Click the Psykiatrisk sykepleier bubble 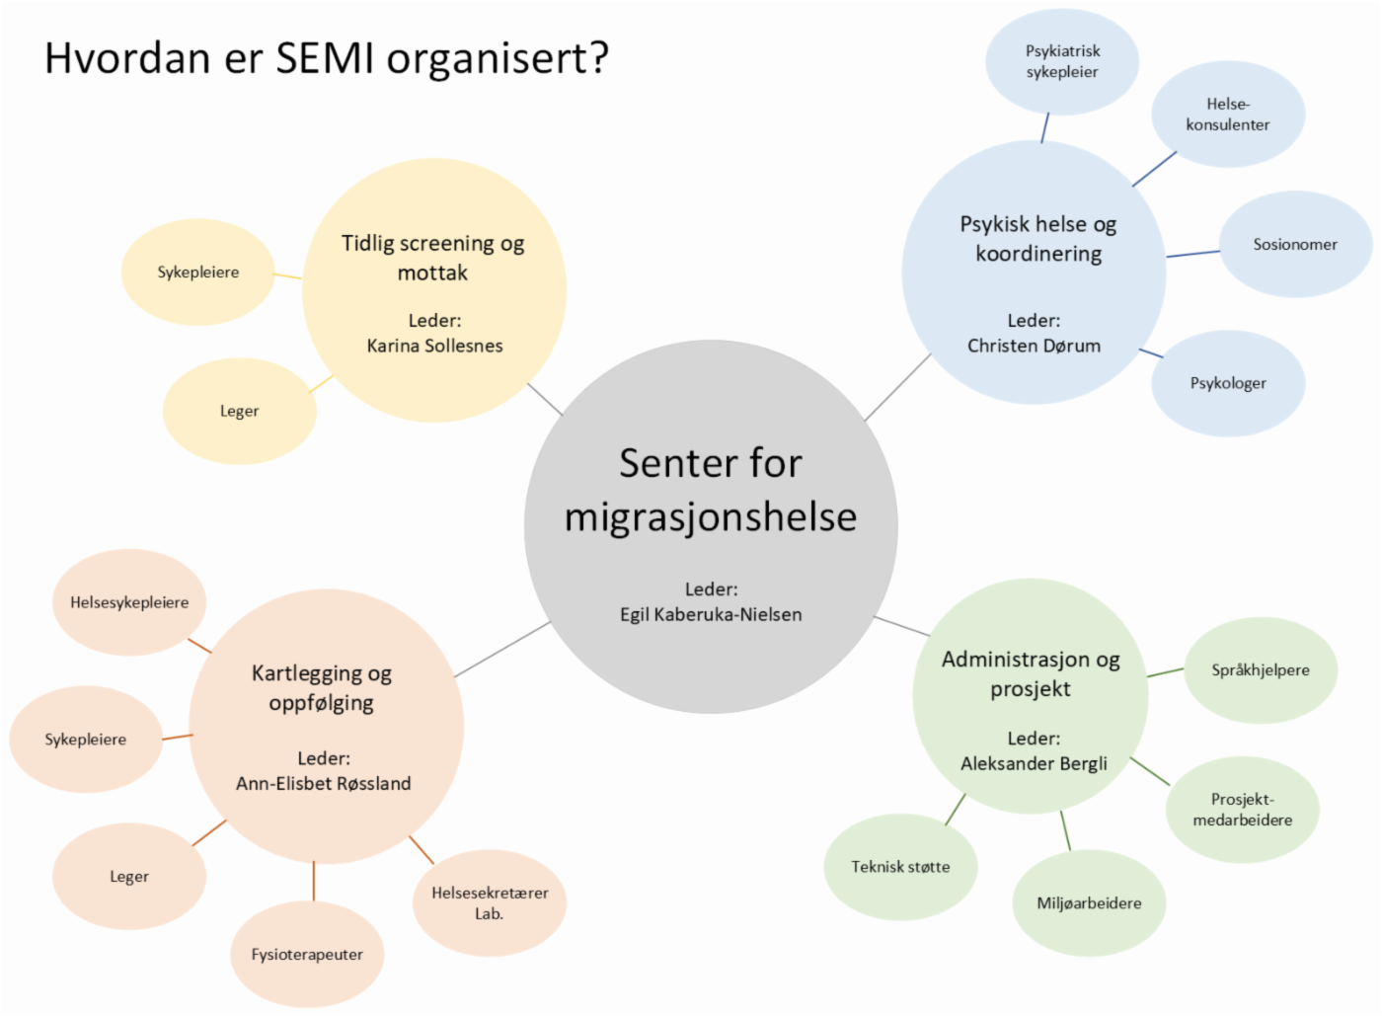pyautogui.click(x=1062, y=61)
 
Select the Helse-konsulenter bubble pyautogui.click(x=1228, y=115)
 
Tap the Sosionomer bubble pyautogui.click(x=1295, y=244)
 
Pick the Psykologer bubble pyautogui.click(x=1228, y=383)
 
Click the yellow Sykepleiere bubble pyautogui.click(x=197, y=273)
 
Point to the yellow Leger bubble pyautogui.click(x=239, y=411)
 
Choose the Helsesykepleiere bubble pyautogui.click(x=129, y=602)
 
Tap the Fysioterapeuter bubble pyautogui.click(x=307, y=954)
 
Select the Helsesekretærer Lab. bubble pyautogui.click(x=490, y=902)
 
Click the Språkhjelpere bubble pyautogui.click(x=1261, y=669)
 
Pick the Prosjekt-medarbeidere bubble pyautogui.click(x=1242, y=810)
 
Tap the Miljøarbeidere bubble pyautogui.click(x=1089, y=902)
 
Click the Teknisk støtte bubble pyautogui.click(x=900, y=867)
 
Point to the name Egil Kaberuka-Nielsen pyautogui.click(x=711, y=614)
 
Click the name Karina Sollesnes pyautogui.click(x=434, y=346)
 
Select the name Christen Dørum pyautogui.click(x=1034, y=346)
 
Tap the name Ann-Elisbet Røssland pyautogui.click(x=323, y=783)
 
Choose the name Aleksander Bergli pyautogui.click(x=1034, y=763)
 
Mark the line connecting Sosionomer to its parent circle pyautogui.click(x=1192, y=254)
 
